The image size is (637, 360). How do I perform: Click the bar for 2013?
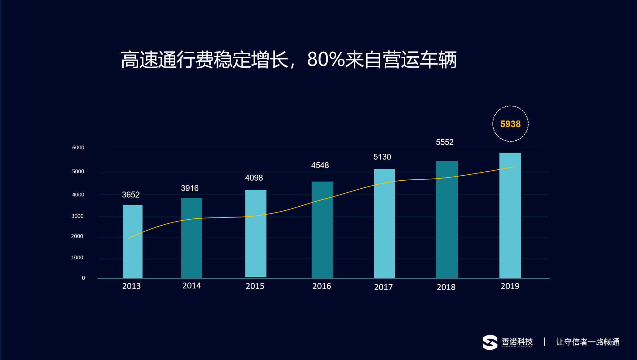tap(133, 241)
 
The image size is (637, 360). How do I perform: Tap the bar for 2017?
tap(384, 223)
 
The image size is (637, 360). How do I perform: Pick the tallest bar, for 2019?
tap(510, 215)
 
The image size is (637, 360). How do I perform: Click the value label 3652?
tap(131, 195)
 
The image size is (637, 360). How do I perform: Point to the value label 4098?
tap(254, 178)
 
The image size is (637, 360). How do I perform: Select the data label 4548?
tap(320, 165)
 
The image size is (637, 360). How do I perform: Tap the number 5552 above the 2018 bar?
tap(445, 142)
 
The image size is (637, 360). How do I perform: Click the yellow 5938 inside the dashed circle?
tap(510, 124)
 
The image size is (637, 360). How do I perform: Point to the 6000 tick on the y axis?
tap(78, 147)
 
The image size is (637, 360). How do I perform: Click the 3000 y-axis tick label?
tap(77, 216)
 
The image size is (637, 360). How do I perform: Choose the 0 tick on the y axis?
tap(83, 278)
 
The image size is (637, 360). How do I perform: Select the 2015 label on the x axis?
tap(255, 286)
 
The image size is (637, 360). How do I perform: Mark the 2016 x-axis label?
tap(322, 286)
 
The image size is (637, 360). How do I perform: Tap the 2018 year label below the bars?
tap(446, 287)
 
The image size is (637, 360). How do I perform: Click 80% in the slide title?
tap(326, 59)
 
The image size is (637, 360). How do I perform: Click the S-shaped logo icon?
tap(490, 342)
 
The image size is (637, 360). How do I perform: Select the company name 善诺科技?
tap(517, 341)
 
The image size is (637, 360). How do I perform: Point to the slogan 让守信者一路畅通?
tap(588, 342)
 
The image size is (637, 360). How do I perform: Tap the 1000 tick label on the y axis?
tap(77, 257)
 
